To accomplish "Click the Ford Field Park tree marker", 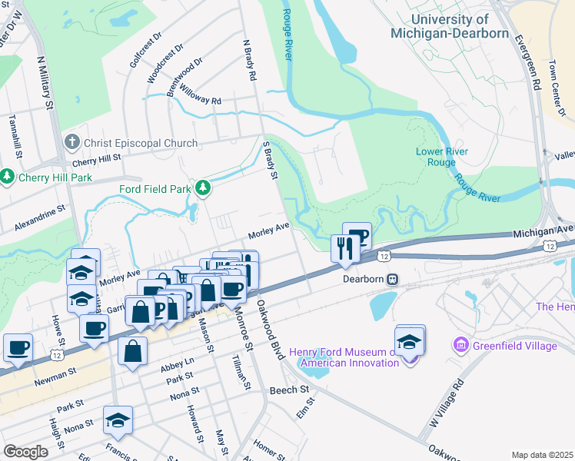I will point(203,187).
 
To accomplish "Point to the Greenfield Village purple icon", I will point(461,346).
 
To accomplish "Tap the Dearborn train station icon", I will point(392,279).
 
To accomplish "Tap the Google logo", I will point(25,451).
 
